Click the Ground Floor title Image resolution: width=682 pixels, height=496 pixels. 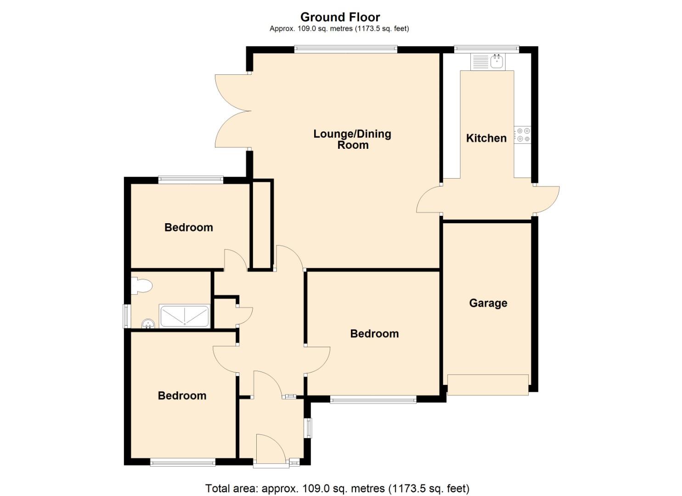pos(340,17)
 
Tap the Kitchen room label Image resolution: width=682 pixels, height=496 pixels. pos(486,138)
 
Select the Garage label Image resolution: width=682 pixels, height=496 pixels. pos(488,303)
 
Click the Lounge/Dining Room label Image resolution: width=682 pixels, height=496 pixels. pos(352,139)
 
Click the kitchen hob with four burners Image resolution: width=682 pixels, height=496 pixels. pos(523,135)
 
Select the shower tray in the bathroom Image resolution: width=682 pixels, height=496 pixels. pos(184,316)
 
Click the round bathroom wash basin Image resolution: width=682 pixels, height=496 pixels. pos(148,324)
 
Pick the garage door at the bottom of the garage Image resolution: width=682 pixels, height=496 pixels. pos(488,385)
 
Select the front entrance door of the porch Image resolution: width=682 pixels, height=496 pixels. pos(270,450)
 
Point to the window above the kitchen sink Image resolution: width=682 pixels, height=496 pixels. pos(486,48)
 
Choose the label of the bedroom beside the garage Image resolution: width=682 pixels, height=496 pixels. pos(374,334)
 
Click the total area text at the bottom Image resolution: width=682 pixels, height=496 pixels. pos(337,488)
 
